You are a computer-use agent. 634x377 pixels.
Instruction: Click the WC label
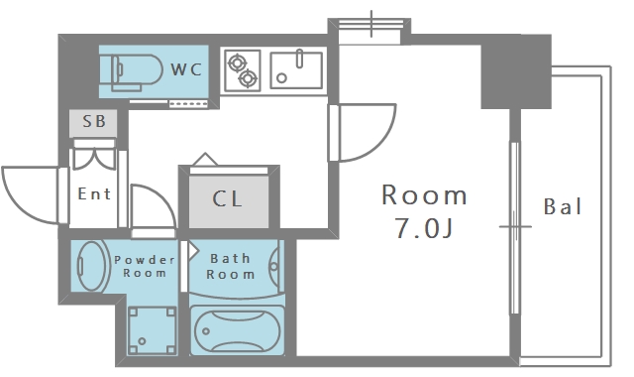click(x=186, y=69)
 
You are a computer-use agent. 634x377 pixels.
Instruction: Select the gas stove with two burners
click(x=242, y=70)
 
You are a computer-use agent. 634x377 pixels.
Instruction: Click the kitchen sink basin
click(x=296, y=70)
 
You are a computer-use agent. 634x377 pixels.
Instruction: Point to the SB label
click(x=94, y=121)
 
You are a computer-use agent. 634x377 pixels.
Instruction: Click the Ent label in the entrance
click(x=94, y=194)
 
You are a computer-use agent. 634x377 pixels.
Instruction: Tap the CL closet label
click(x=227, y=198)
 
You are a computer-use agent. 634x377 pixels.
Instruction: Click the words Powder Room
click(x=145, y=267)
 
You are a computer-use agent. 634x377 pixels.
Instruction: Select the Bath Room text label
click(x=231, y=267)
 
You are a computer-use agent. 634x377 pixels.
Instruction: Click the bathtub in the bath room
click(x=237, y=330)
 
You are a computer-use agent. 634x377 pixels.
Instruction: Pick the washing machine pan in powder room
click(x=152, y=330)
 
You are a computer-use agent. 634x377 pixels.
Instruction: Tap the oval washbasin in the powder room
click(x=91, y=266)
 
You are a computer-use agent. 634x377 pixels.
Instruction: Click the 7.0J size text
click(x=424, y=229)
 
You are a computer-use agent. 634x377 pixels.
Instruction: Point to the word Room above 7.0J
click(x=425, y=195)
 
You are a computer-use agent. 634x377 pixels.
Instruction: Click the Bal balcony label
click(x=563, y=206)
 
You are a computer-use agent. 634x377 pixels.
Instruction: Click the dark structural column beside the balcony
click(x=516, y=71)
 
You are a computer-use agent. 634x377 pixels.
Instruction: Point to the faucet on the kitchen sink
click(x=299, y=59)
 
